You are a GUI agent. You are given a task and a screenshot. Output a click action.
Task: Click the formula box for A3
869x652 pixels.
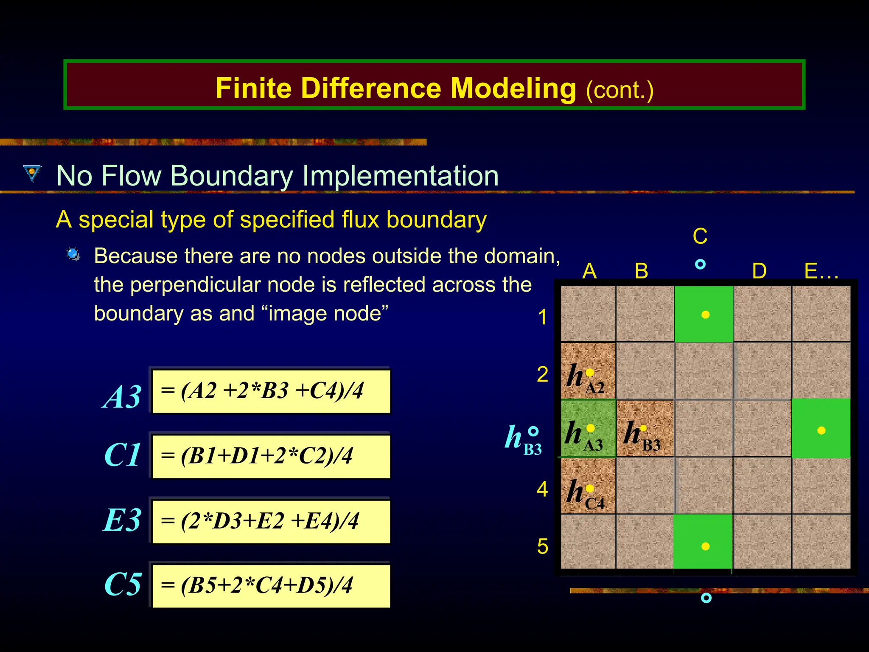(x=271, y=391)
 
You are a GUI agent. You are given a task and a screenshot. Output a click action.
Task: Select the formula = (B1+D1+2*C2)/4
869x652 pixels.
(x=271, y=456)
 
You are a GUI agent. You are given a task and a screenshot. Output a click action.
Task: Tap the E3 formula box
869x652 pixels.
(x=271, y=521)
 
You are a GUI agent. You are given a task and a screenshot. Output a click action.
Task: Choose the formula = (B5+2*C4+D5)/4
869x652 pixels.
(x=271, y=585)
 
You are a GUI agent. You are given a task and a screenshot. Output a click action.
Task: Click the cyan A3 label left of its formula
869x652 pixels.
(x=122, y=397)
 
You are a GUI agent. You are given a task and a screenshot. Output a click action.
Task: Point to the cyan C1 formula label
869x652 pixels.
(x=122, y=455)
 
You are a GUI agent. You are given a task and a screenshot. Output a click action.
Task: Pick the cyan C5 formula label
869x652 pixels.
(x=122, y=585)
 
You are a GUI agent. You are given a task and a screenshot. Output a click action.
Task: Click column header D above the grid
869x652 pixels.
(x=759, y=271)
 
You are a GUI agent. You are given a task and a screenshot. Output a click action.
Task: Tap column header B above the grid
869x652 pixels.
(x=641, y=271)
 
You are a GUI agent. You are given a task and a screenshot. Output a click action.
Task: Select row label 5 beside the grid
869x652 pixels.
(x=542, y=546)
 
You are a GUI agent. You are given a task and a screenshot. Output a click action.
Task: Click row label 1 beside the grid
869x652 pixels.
(x=542, y=318)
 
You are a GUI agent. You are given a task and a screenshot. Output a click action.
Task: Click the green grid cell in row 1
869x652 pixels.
(x=704, y=314)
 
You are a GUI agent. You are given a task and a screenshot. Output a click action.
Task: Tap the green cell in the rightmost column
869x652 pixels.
(x=821, y=429)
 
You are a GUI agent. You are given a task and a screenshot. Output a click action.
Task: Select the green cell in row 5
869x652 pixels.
(x=703, y=542)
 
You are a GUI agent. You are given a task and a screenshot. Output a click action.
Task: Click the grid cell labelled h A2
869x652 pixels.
(x=588, y=371)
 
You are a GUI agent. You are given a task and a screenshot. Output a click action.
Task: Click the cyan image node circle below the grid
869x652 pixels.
(x=706, y=598)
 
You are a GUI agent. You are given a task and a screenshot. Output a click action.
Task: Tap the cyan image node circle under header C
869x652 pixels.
(x=701, y=264)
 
